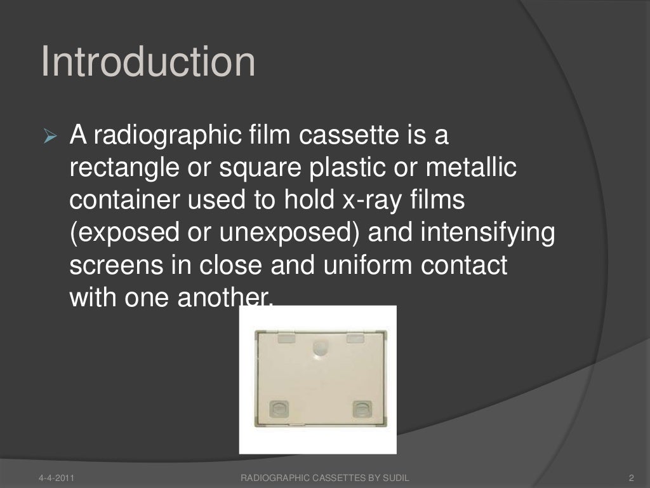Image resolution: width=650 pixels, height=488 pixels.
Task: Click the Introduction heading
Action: (149, 62)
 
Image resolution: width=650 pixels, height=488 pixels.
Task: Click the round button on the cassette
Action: (319, 348)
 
